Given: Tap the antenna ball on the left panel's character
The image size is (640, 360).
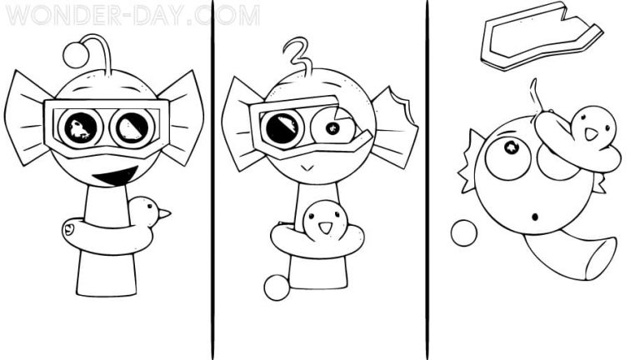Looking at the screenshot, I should pos(76,54).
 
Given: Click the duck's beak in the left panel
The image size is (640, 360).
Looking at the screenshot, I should pos(165,214).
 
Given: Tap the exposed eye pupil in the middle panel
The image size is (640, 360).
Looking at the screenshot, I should pos(331,127).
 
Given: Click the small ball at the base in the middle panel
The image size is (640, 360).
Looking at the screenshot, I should pos(276,287).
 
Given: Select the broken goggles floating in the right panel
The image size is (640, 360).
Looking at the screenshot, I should pos(539,37).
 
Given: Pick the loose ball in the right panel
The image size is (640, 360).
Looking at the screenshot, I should pos(463,232).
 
